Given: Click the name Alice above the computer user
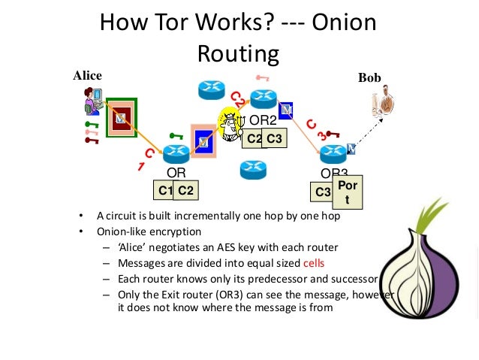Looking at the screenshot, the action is [87, 75].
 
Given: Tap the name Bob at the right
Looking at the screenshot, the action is [369, 77].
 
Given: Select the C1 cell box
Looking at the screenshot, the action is [166, 191].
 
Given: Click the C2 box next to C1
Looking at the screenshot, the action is [186, 191].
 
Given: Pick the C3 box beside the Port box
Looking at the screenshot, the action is [323, 192].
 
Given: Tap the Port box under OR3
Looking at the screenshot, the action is [346, 192].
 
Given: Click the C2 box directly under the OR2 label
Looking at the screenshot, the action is [254, 138].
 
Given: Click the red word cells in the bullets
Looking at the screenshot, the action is [314, 263].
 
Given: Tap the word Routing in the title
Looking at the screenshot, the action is [238, 53].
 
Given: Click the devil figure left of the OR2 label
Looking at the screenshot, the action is [230, 122].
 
